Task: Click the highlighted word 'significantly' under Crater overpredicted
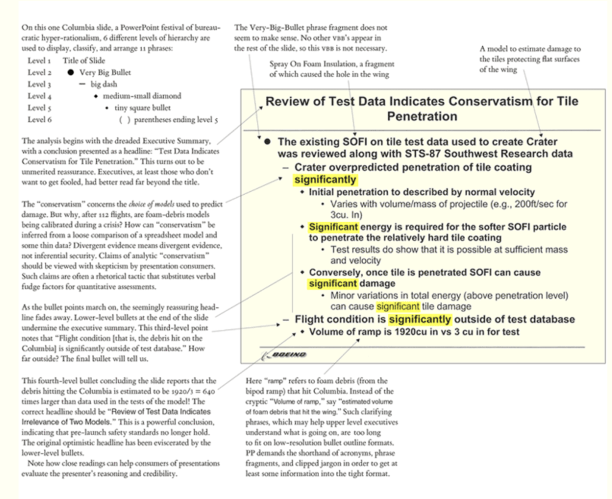pyautogui.click(x=325, y=180)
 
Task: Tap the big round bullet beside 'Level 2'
pyautogui.click(x=71, y=72)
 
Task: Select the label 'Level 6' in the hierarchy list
pyautogui.click(x=39, y=119)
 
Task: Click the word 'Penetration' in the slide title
pyautogui.click(x=422, y=116)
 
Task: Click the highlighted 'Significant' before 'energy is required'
pyautogui.click(x=333, y=226)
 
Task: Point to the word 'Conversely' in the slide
pyautogui.click(x=334, y=272)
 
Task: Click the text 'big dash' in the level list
pyautogui.click(x=104, y=84)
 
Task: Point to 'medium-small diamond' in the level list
pyautogui.click(x=142, y=96)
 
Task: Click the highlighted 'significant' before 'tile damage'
pyautogui.click(x=397, y=307)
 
